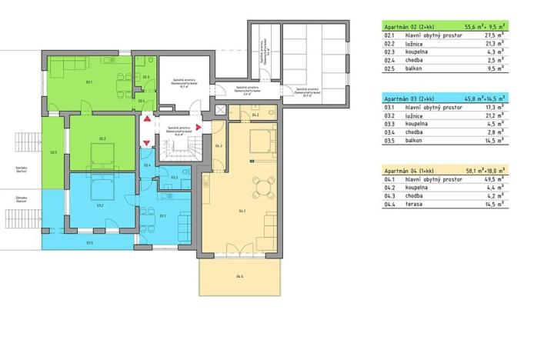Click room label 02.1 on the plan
(89, 82)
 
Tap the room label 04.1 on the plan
(242, 210)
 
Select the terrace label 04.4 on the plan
(240, 277)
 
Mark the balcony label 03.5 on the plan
(90, 242)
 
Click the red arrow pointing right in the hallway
(198, 128)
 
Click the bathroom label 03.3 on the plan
(175, 178)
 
